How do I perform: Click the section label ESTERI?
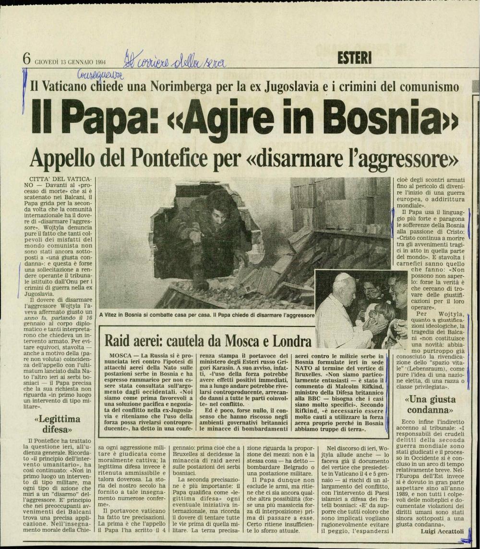[355, 58]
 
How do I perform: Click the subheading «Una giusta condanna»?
[431, 404]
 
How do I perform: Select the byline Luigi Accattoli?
[444, 531]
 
